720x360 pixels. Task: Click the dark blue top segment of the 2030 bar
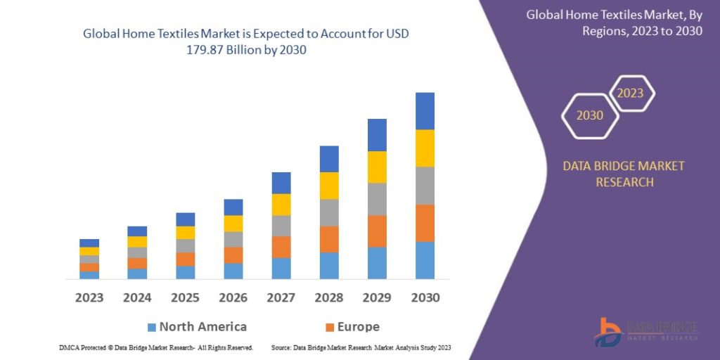coord(425,111)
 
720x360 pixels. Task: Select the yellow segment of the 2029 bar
coord(377,167)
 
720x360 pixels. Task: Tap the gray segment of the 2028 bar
coord(329,212)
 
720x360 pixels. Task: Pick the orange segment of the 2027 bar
coord(281,247)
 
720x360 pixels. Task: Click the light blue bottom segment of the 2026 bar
coord(233,271)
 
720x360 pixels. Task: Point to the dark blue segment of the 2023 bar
coord(89,243)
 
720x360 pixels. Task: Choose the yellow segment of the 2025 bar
coord(186,233)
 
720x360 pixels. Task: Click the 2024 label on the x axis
coord(137,297)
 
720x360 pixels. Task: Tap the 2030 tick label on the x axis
coord(425,297)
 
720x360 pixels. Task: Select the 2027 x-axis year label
coord(281,297)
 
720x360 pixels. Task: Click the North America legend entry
coord(197,327)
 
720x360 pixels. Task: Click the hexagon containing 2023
coord(631,94)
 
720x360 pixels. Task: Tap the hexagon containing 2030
coord(590,115)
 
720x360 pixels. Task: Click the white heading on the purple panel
coord(614,22)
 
